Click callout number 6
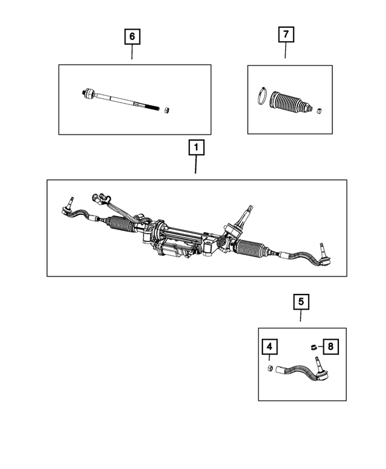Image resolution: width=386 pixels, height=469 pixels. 132,36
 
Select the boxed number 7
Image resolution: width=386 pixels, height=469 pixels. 285,35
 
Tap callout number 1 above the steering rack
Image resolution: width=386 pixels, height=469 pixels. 196,147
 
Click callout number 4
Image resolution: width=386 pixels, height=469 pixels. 269,347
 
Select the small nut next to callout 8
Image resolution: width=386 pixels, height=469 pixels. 314,346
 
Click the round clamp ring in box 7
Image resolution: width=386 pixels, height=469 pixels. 261,96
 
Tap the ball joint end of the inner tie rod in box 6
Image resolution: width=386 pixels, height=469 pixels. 89,93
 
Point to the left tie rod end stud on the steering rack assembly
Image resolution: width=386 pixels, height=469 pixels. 71,201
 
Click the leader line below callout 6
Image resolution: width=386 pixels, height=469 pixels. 132,53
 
